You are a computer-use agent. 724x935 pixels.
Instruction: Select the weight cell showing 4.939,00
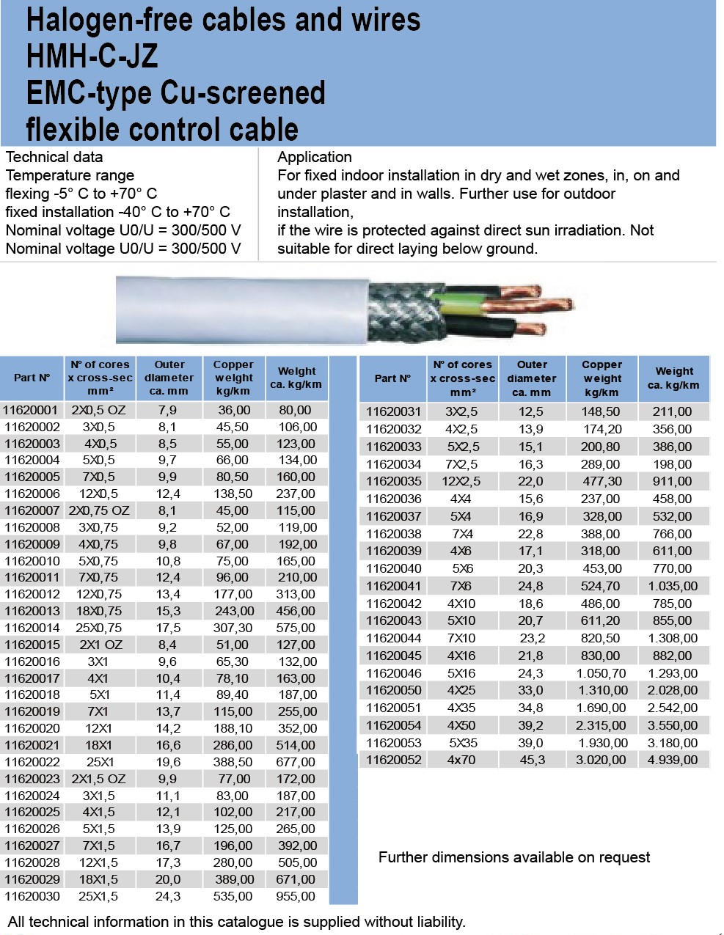tap(673, 760)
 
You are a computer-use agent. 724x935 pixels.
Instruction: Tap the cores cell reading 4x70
tap(461, 760)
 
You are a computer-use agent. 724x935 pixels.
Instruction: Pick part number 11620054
tap(394, 725)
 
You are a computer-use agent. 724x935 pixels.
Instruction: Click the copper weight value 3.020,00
tap(601, 760)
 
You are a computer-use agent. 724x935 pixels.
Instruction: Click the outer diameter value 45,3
tap(532, 760)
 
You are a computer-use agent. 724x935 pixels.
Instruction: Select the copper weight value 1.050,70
tap(601, 673)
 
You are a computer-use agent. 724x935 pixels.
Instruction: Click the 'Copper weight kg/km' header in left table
tap(233, 378)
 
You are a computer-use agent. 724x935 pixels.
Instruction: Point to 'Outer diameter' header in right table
tap(532, 378)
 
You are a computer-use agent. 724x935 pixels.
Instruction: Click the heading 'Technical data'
tap(54, 157)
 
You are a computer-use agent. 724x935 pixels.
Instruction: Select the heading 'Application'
tap(315, 157)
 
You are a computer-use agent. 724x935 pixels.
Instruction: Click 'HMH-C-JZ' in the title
tap(92, 56)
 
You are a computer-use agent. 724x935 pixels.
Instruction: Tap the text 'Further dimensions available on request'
tap(514, 857)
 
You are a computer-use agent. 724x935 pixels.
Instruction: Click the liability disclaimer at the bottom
tap(236, 922)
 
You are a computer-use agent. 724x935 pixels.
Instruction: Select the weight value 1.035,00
tap(673, 586)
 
